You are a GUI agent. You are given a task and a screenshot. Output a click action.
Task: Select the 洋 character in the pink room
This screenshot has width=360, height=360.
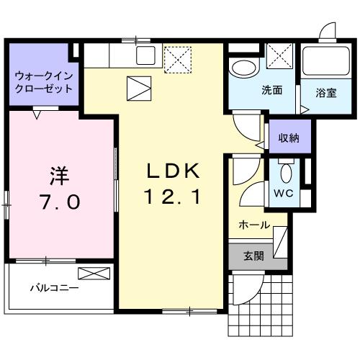tap(58, 174)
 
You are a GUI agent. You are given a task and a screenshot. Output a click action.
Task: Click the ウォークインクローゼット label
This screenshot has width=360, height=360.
tap(44, 82)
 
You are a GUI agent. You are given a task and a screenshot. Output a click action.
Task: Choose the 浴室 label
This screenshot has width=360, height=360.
tap(325, 92)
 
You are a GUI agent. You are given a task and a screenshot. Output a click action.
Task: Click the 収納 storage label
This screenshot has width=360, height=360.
tap(289, 138)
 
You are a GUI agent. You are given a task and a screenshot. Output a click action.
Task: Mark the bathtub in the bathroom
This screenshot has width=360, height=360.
tap(324, 65)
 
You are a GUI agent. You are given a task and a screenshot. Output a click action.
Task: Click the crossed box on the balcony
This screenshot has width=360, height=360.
tap(94, 273)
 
